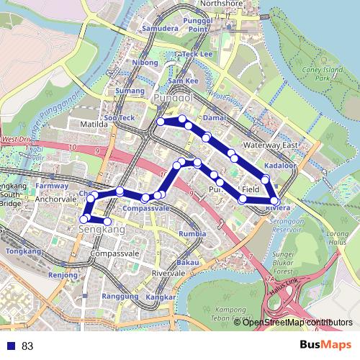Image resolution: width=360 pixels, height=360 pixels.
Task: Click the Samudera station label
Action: [x=160, y=29]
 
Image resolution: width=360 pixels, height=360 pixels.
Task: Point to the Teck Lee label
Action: [x=198, y=54]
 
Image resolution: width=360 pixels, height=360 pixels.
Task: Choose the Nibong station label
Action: [x=145, y=63]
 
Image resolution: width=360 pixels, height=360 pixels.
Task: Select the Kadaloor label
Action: [x=280, y=166]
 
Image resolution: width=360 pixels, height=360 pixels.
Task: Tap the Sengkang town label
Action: [x=100, y=230]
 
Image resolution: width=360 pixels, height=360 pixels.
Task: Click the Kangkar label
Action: [x=161, y=297]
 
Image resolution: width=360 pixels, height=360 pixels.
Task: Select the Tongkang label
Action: [x=23, y=251]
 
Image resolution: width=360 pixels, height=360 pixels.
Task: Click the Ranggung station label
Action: [x=119, y=297]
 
